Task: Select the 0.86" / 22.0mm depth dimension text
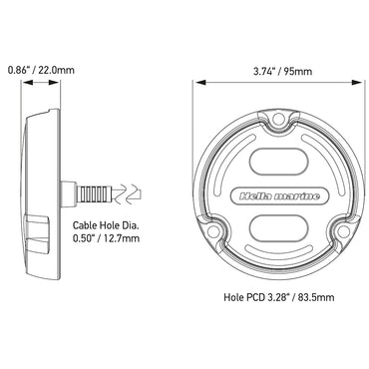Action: click(41, 72)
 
